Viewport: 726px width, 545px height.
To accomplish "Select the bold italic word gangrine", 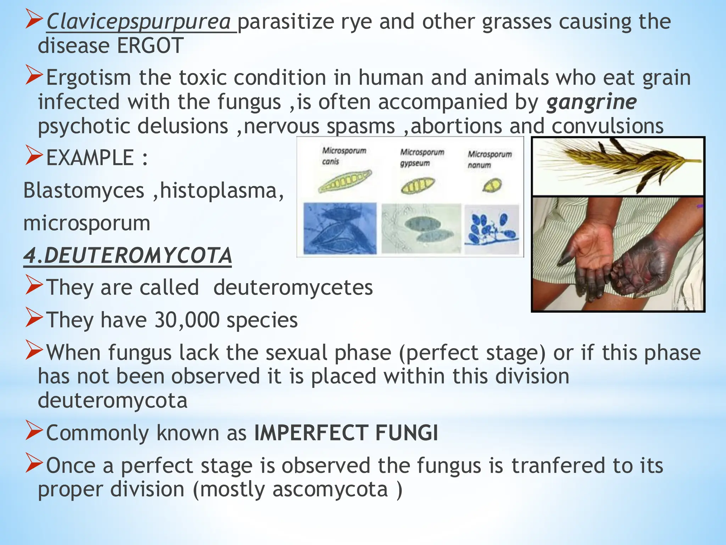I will click(x=591, y=102).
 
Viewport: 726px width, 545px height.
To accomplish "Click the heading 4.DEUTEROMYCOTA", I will click(x=128, y=256).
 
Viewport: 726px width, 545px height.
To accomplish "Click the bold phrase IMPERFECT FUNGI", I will click(x=346, y=433).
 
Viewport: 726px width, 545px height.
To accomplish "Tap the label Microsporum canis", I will click(x=344, y=156).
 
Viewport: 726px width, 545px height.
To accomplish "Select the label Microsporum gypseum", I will click(x=422, y=158).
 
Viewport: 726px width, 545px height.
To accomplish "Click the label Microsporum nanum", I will click(x=490, y=159).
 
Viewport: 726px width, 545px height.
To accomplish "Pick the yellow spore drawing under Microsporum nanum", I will click(x=492, y=185).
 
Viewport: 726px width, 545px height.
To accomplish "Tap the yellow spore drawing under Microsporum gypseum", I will click(x=418, y=185).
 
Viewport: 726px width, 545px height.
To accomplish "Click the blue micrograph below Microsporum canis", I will click(x=340, y=228).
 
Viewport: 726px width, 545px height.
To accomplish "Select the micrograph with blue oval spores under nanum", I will click(x=492, y=229).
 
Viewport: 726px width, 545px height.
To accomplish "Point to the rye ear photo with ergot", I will click(x=618, y=166).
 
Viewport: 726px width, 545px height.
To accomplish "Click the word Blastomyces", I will click(x=84, y=191).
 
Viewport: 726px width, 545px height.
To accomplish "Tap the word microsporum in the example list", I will click(x=87, y=224).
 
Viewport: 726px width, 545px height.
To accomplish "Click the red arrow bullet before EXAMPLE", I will click(x=34, y=157).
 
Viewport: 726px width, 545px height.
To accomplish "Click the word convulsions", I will click(x=607, y=126).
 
